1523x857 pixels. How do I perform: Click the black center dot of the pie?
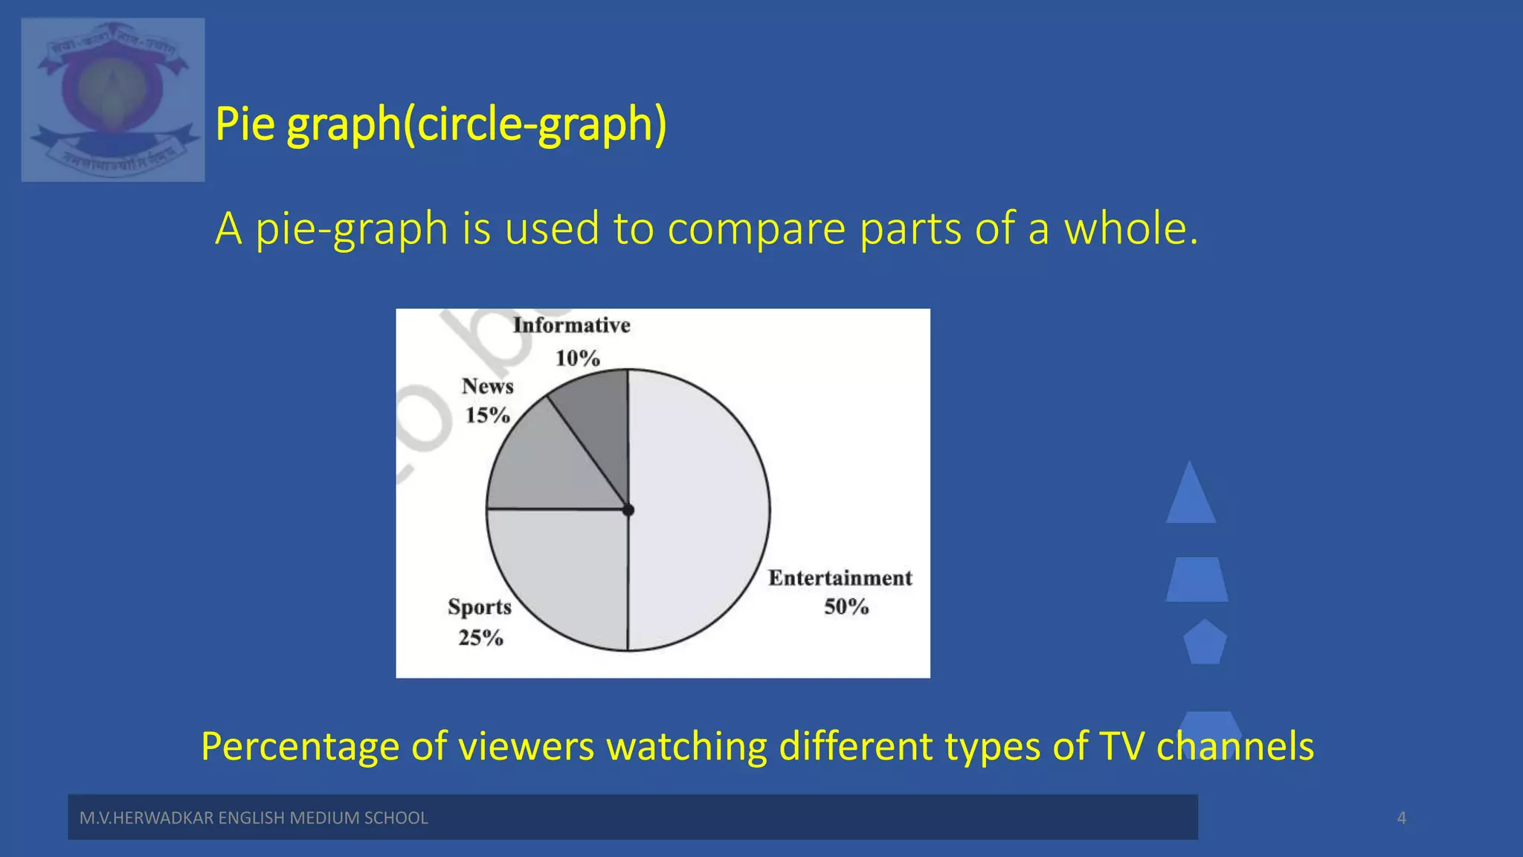pyautogui.click(x=628, y=510)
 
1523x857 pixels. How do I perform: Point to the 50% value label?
pyautogui.click(x=846, y=607)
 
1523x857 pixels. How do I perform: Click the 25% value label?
pyautogui.click(x=480, y=638)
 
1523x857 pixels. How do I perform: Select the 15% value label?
pyautogui.click(x=487, y=415)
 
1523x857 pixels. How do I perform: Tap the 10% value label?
pyautogui.click(x=577, y=359)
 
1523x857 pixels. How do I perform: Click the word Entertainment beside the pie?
pyautogui.click(x=840, y=578)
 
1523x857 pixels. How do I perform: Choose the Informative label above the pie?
pyautogui.click(x=571, y=325)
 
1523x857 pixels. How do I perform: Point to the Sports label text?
pyautogui.click(x=480, y=607)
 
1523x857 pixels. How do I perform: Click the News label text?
pyautogui.click(x=487, y=386)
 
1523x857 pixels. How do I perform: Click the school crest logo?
pyautogui.click(x=113, y=100)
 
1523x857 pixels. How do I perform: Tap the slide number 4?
pyautogui.click(x=1401, y=818)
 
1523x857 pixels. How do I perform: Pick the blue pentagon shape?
pyautogui.click(x=1204, y=643)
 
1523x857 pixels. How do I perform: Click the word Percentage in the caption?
pyautogui.click(x=300, y=746)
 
